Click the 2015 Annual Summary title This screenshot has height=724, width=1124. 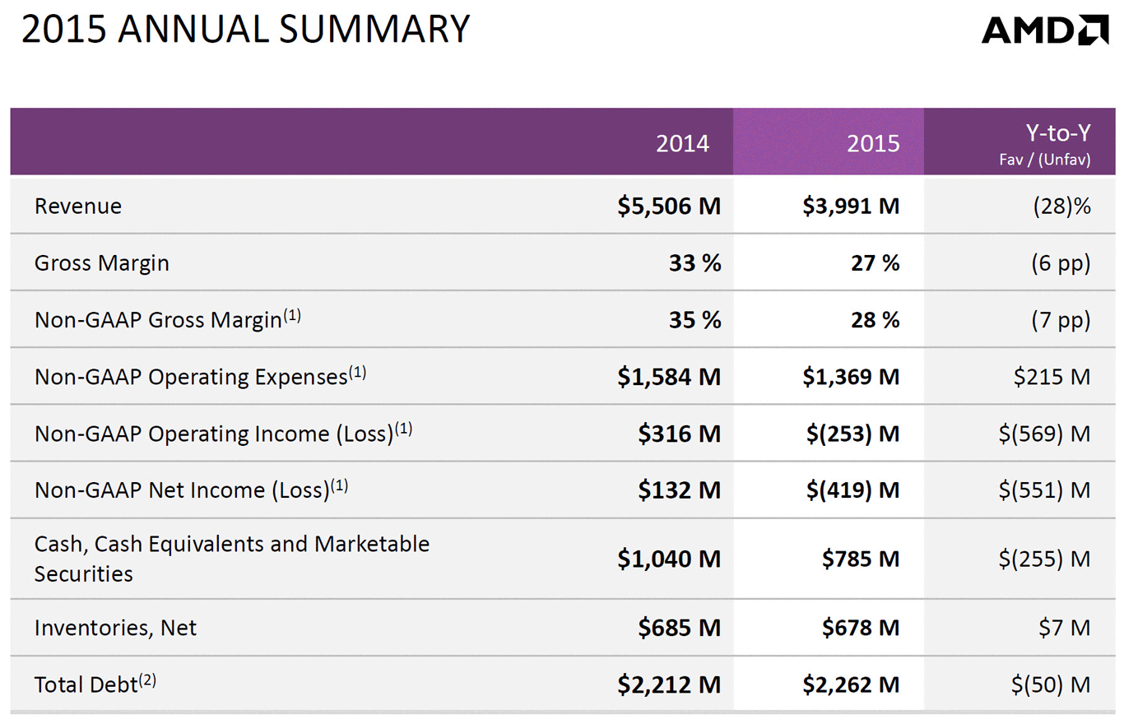(245, 30)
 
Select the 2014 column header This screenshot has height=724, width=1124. (682, 143)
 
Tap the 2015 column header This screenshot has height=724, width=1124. (873, 143)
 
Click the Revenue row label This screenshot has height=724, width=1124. (78, 206)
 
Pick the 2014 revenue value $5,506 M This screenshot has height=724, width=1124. (669, 206)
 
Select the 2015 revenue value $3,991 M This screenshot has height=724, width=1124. (852, 206)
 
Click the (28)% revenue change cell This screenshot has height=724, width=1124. (1061, 206)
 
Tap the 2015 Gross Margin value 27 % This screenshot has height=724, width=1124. (875, 263)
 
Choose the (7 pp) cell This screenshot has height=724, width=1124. (1061, 320)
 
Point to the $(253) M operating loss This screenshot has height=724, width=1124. (852, 434)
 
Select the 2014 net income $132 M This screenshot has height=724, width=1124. (679, 490)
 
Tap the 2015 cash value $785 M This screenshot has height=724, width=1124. (861, 559)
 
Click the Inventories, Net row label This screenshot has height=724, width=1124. (115, 628)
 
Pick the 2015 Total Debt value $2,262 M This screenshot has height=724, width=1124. (852, 684)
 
